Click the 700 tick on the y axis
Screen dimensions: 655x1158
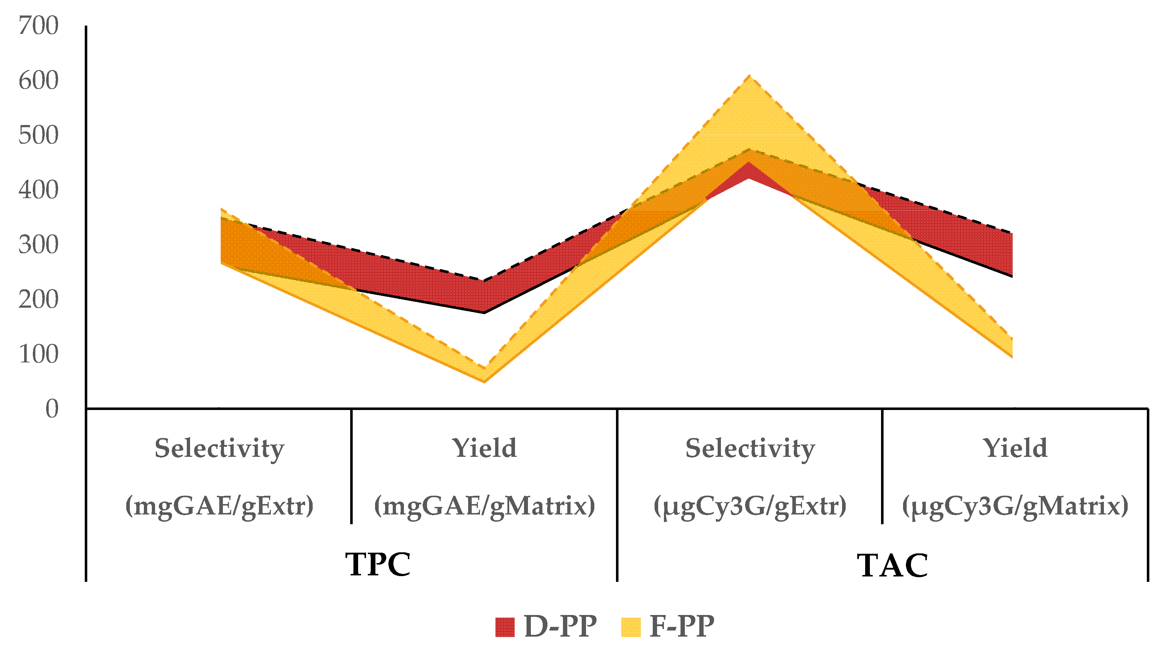click(x=38, y=26)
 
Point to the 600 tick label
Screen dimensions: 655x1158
click(x=38, y=81)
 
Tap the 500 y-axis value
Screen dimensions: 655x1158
click(x=38, y=135)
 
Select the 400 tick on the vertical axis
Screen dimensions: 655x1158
click(x=38, y=190)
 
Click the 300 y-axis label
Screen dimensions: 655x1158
click(x=38, y=245)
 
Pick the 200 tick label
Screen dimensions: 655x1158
click(x=38, y=300)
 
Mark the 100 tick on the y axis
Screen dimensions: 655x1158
click(x=38, y=355)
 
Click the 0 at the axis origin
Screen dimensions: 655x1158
click(x=52, y=409)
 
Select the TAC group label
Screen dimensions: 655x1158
click(x=892, y=565)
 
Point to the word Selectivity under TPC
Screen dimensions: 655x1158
click(x=219, y=449)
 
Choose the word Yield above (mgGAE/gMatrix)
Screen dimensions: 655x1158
click(x=484, y=449)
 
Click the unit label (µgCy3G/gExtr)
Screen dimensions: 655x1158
click(x=750, y=507)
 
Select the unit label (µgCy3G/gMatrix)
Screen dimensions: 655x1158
click(x=1015, y=507)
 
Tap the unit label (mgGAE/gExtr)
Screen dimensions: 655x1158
click(x=219, y=507)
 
